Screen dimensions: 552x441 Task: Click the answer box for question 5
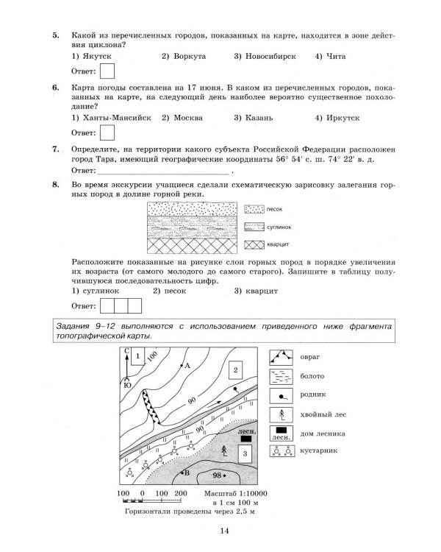pyautogui.click(x=107, y=71)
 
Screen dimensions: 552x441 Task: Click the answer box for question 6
pyautogui.click(x=107, y=132)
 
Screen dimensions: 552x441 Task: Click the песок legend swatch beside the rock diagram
pyautogui.click(x=254, y=210)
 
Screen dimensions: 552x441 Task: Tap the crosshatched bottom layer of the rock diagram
pyautogui.click(x=192, y=241)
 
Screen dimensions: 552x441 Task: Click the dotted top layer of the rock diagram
pyautogui.click(x=192, y=210)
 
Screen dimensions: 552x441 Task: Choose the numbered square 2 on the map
pyautogui.click(x=236, y=369)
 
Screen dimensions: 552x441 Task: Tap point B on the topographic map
pyautogui.click(x=184, y=472)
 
